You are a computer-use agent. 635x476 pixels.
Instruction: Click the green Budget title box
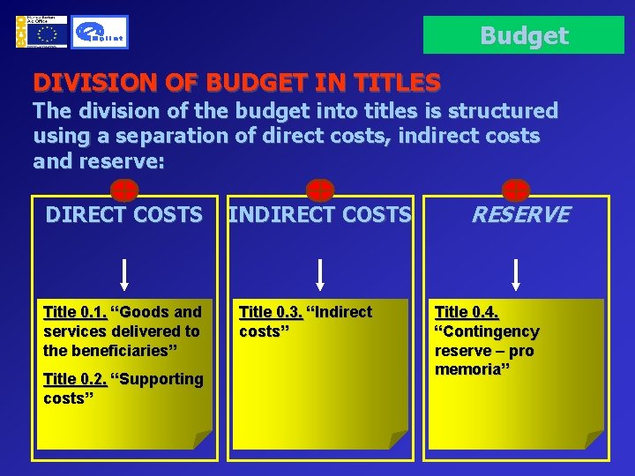coord(524,35)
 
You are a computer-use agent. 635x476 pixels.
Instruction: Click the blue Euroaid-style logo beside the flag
coord(99,33)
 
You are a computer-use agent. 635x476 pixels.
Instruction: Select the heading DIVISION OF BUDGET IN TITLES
coord(236,84)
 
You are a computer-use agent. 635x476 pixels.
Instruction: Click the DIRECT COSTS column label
coord(123,214)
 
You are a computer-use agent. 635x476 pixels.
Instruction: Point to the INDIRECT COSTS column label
coord(319,214)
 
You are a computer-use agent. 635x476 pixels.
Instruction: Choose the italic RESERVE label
coord(519,214)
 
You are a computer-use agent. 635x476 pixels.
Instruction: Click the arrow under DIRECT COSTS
coord(125,274)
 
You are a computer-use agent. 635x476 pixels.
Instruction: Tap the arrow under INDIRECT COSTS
coord(321,274)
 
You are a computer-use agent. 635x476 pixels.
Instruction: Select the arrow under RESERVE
coord(517,274)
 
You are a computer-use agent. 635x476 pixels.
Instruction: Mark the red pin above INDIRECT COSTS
coord(319,189)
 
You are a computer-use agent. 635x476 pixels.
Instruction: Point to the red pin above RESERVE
coord(515,189)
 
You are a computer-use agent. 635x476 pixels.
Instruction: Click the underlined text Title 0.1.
coord(75,312)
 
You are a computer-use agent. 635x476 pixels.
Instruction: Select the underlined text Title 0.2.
coord(75,379)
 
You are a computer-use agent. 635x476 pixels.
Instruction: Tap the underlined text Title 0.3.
coord(271,312)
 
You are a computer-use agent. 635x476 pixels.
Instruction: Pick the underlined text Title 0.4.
coord(467,312)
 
